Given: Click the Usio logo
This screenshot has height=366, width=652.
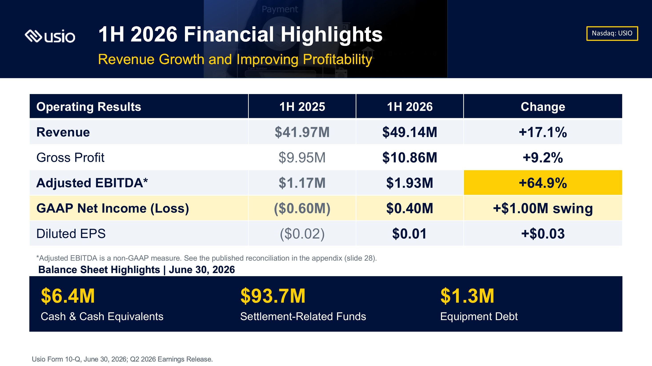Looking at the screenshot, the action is (50, 36).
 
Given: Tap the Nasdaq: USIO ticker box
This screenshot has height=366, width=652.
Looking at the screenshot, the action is (612, 33).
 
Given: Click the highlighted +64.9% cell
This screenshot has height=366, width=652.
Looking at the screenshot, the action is (543, 183).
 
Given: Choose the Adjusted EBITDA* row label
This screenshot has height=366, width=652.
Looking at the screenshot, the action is (92, 183).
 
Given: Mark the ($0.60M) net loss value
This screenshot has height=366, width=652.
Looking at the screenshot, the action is (302, 208).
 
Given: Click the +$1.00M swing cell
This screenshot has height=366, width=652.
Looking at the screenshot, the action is (543, 208).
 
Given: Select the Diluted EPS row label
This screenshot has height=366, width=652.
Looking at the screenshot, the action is (71, 233).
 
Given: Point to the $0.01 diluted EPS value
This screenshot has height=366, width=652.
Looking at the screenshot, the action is (409, 233).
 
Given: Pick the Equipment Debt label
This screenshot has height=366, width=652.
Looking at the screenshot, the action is (479, 316).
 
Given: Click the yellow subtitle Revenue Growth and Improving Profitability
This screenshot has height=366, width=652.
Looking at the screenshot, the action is (235, 59).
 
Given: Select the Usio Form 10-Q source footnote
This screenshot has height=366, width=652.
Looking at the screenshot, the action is (122, 359).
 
